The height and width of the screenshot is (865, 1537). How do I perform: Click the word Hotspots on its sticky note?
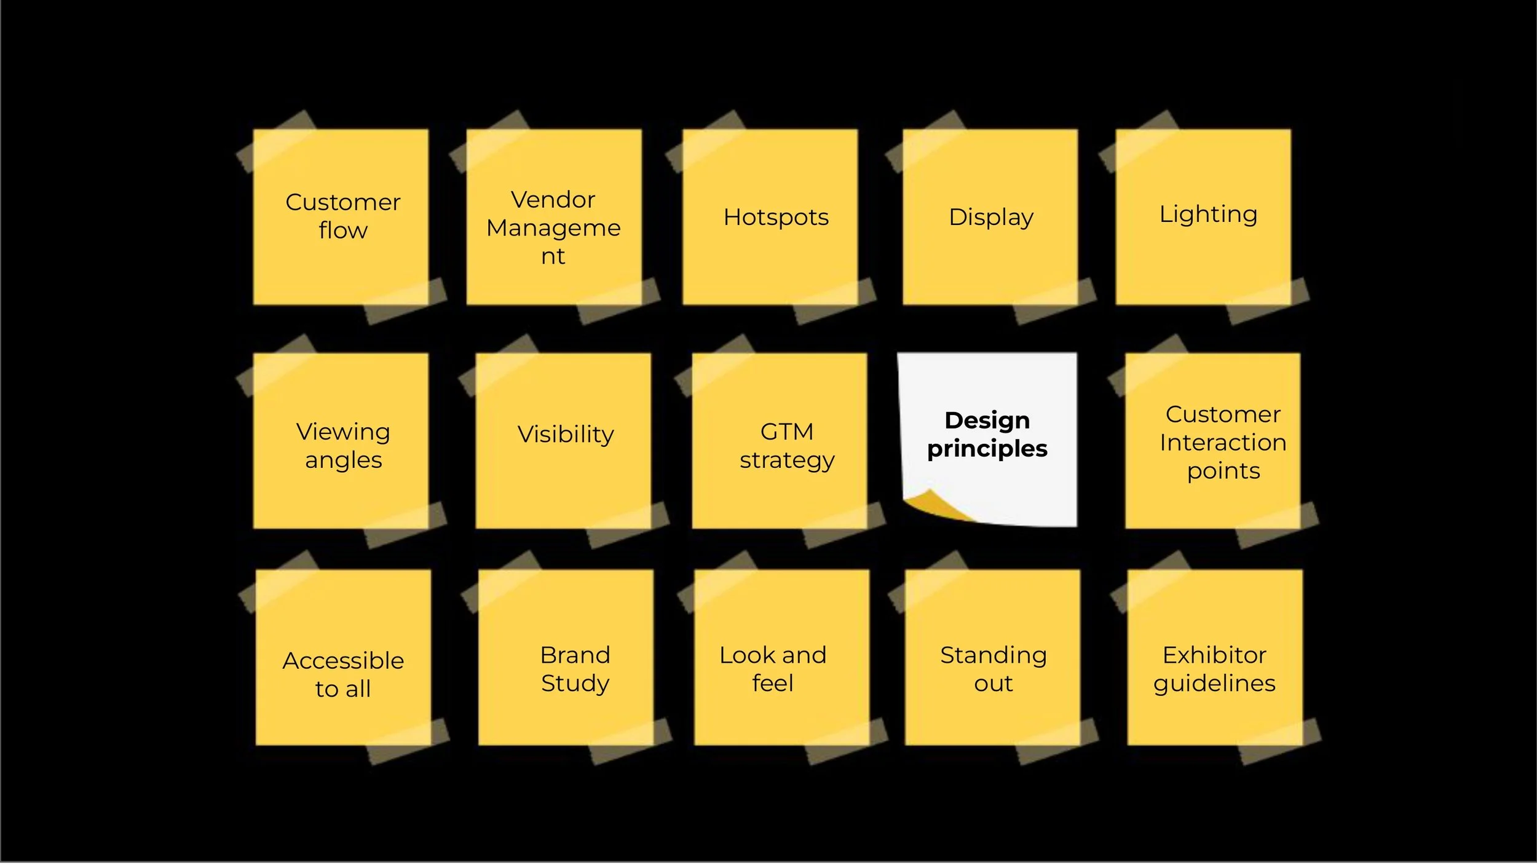(776, 217)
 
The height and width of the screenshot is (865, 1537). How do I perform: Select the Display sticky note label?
(991, 217)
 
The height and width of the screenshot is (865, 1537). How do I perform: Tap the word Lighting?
(1208, 215)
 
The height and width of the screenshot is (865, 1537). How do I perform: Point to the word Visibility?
(566, 434)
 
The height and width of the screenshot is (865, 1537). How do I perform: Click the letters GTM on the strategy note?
(787, 432)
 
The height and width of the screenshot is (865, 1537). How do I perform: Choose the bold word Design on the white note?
(987, 421)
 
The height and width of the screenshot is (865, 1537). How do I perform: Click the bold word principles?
(987, 449)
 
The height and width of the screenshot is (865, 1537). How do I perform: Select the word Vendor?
(553, 200)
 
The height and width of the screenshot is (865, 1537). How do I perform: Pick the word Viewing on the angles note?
(343, 432)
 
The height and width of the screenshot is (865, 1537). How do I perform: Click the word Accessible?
(343, 661)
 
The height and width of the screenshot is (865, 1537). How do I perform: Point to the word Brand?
(575, 655)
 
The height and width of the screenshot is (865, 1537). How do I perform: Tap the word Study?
(575, 684)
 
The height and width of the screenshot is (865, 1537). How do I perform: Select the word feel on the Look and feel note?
(773, 684)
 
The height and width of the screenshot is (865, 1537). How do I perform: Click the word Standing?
(993, 655)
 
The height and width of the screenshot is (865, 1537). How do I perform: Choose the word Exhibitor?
(1214, 655)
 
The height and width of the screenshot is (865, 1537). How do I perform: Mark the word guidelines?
(1214, 684)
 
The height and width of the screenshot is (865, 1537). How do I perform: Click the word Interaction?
(1223, 443)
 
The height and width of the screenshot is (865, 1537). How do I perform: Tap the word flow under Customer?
(343, 231)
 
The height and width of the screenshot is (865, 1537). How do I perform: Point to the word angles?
(343, 460)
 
